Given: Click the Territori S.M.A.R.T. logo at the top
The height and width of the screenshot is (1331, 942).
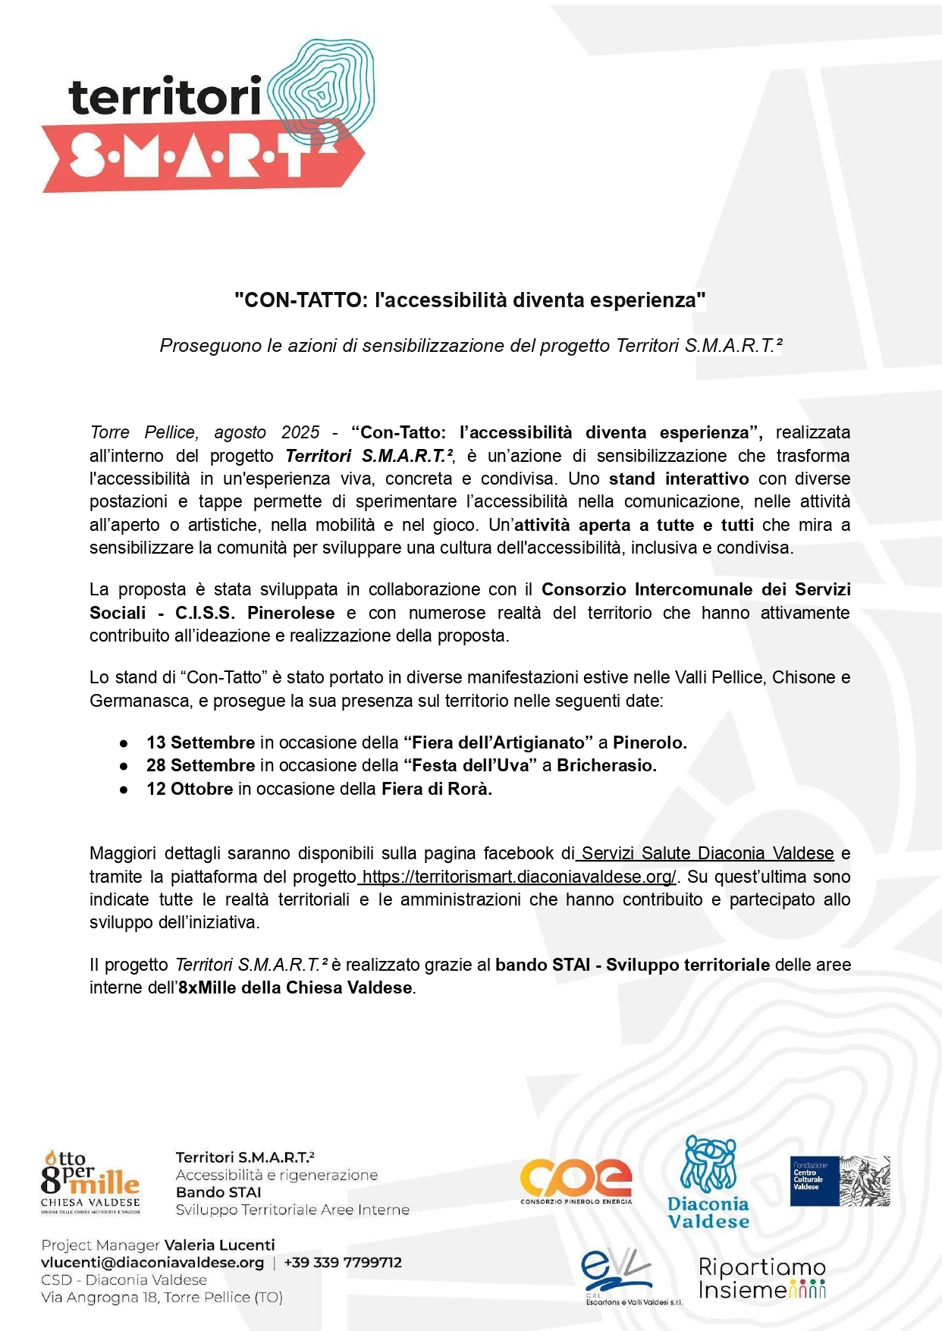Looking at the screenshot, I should (205, 118).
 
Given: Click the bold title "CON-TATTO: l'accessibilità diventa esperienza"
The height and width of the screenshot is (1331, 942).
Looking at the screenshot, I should (470, 300).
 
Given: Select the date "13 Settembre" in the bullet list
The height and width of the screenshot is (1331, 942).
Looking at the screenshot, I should (200, 742).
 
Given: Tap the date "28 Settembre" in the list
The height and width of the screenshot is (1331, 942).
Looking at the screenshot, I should (200, 765).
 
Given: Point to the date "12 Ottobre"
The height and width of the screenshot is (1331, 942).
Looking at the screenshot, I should (190, 789).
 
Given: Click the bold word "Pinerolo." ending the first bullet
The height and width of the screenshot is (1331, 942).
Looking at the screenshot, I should (650, 742).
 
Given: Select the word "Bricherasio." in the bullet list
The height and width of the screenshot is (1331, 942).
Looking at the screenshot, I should (607, 765).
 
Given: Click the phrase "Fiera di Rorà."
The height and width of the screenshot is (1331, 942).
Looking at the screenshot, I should (437, 789).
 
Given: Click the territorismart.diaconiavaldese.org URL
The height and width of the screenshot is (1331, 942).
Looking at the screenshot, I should (519, 877).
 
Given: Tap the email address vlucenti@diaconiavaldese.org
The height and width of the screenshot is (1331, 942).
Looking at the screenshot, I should (152, 1263).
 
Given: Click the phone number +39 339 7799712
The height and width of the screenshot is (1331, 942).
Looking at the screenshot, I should (343, 1263).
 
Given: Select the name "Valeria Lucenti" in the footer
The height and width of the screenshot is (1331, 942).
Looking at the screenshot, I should (220, 1245).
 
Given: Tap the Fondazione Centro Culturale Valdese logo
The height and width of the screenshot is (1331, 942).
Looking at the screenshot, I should (840, 1181).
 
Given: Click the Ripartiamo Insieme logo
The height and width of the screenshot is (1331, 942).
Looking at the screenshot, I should (761, 1279).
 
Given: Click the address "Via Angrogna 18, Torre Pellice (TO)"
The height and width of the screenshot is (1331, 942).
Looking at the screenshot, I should (162, 1298).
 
